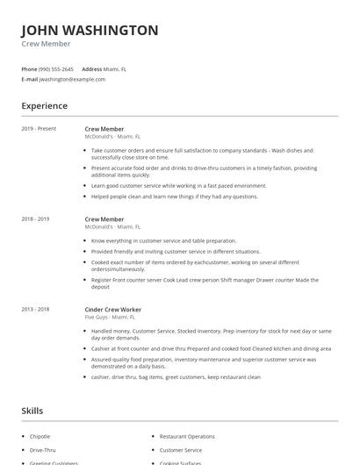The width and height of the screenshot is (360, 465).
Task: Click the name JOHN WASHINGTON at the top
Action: coord(90,30)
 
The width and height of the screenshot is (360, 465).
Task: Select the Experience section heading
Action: coord(45,106)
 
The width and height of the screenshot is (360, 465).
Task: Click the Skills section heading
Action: coord(32,411)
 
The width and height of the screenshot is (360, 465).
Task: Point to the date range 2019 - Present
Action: coord(39,129)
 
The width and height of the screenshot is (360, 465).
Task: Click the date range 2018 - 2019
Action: coord(36,218)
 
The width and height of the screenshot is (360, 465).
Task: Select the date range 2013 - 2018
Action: coord(36,309)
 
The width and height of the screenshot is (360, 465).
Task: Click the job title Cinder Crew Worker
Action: coord(112,309)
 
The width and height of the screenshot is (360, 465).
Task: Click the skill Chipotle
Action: coord(40,436)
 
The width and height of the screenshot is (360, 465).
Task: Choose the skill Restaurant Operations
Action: coord(187,436)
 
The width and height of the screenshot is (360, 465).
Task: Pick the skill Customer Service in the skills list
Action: coord(180,450)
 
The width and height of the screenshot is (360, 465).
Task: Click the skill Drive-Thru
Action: coord(42,450)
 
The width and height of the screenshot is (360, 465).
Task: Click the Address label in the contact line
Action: coord(91,68)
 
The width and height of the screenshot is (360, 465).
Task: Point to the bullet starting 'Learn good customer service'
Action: coord(178,185)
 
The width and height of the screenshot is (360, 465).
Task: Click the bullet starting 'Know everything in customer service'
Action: coord(163,240)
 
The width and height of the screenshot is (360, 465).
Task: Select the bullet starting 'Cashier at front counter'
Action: coord(211,348)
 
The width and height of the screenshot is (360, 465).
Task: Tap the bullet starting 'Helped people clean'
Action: coord(174,197)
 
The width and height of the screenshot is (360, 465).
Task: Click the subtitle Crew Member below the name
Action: coord(46,44)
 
